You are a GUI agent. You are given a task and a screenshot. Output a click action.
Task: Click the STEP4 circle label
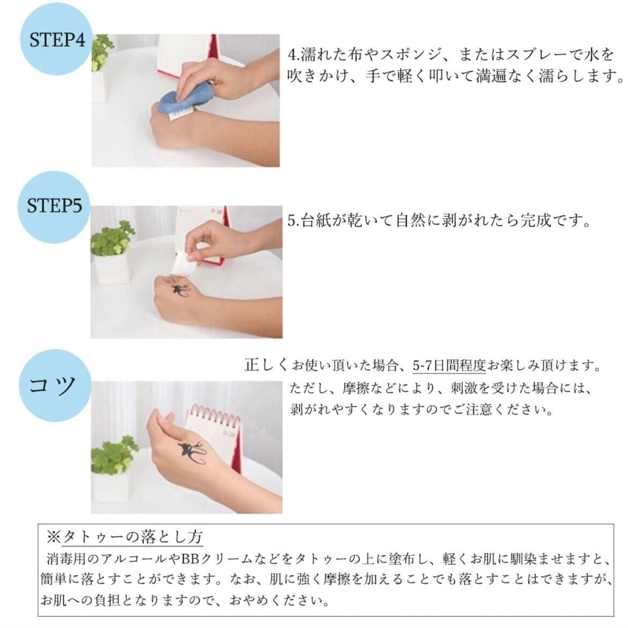pyautogui.click(x=56, y=39)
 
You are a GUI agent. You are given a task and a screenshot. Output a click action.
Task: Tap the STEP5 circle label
pyautogui.click(x=54, y=207)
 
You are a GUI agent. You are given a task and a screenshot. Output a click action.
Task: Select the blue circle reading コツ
pyautogui.click(x=55, y=385)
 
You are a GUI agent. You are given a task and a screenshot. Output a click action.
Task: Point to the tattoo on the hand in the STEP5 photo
pyautogui.click(x=179, y=290)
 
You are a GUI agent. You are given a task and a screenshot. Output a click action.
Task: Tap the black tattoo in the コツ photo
pyautogui.click(x=192, y=452)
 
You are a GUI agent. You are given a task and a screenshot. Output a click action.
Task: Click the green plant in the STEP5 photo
pyautogui.click(x=112, y=239)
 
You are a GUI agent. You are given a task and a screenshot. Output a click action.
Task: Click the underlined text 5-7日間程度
pyautogui.click(x=449, y=366)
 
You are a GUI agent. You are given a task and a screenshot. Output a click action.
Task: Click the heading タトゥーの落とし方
pyautogui.click(x=133, y=537)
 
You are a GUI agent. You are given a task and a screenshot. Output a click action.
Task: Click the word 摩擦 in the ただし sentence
pyautogui.click(x=355, y=388)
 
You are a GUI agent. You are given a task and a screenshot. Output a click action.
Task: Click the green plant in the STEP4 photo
pyautogui.click(x=102, y=52)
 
